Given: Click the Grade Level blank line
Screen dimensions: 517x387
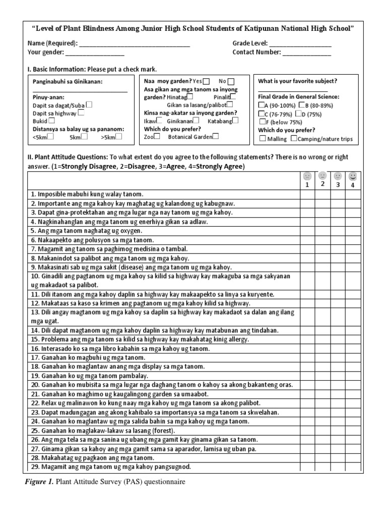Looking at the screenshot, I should coord(300,44).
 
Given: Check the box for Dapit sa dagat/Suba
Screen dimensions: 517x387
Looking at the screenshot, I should coord(89,105).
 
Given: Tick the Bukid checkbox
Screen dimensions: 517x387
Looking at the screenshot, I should coord(51,121).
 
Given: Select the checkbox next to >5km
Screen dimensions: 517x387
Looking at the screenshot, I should coord(118,136).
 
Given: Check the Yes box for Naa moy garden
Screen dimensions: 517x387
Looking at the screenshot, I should coord(207,81).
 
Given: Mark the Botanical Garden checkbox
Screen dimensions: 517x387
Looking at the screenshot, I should coord(216,136).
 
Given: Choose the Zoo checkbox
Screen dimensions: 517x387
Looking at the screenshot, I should coord(158,136).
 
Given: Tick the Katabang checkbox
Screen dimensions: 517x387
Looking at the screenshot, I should coord(235,120).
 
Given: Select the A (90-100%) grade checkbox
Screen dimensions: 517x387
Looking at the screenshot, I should coord(261,105).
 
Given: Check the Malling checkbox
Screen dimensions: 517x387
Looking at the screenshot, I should coord(262,139).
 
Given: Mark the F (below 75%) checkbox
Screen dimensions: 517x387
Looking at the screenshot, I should coord(262,121).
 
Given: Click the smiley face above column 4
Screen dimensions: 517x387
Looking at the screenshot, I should coord(353,177).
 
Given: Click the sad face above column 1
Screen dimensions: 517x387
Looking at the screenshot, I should coord(306,177).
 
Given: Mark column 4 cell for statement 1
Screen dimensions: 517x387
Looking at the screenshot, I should coord(353,194).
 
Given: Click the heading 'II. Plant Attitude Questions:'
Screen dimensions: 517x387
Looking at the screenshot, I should coord(67,157).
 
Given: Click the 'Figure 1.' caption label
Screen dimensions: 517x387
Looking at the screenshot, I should coord(39,482).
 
